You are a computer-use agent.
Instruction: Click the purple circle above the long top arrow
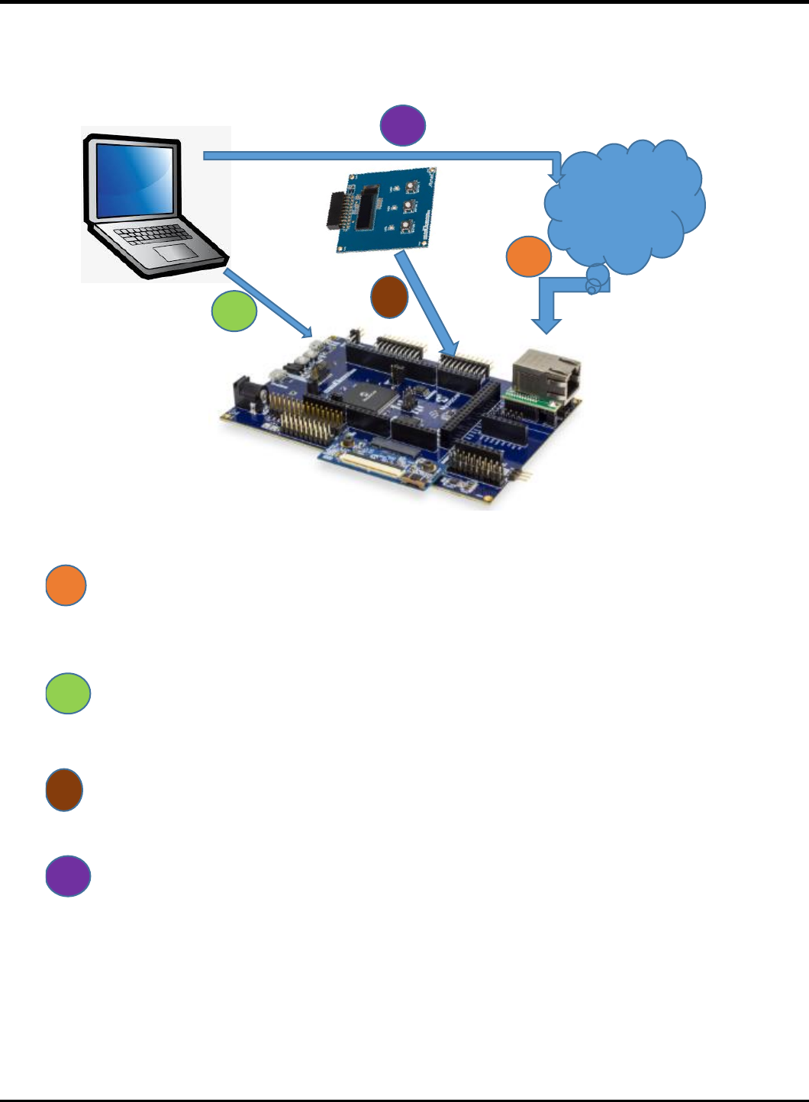(403, 125)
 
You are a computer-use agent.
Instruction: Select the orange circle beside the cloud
(529, 257)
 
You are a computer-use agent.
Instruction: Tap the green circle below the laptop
(234, 311)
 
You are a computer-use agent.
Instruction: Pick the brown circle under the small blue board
(389, 297)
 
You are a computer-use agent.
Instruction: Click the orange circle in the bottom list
(66, 586)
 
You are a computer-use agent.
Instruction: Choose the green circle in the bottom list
(69, 694)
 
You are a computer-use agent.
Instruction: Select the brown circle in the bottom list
(64, 791)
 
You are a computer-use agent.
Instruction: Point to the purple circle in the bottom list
(69, 876)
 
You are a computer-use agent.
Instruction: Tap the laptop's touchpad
(174, 254)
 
